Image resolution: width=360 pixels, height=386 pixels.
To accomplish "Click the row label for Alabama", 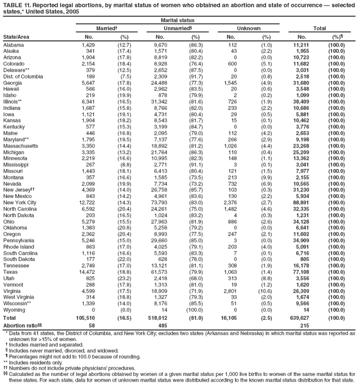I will pos(13,44).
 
